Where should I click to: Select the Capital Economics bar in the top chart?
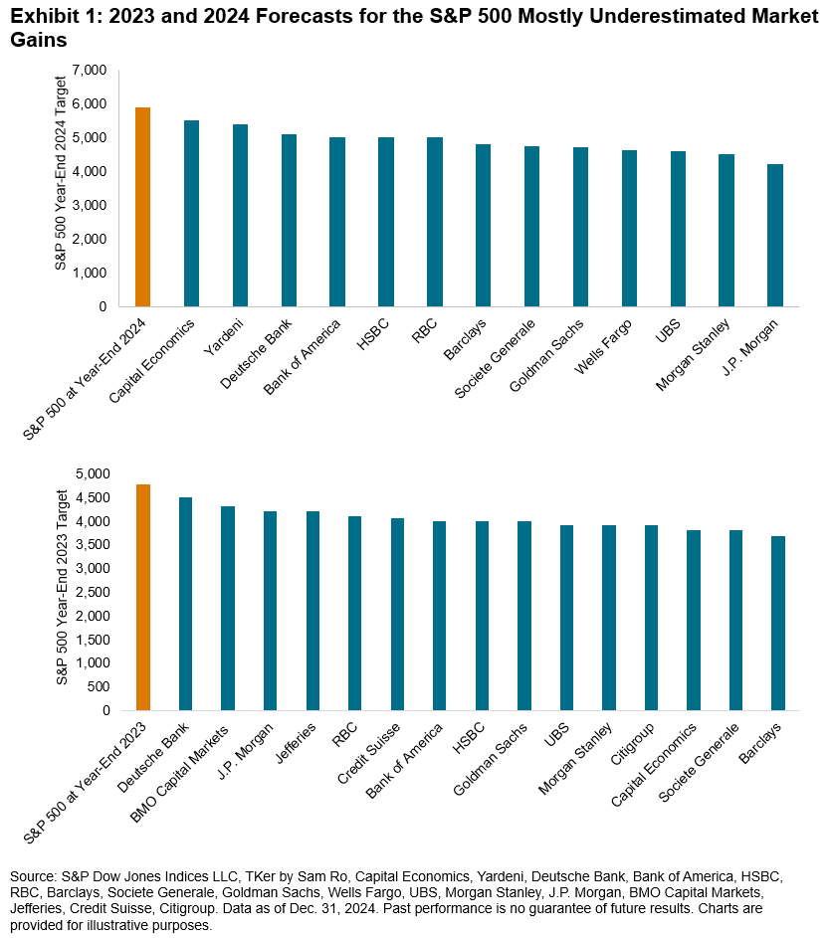191,213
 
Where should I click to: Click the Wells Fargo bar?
629,228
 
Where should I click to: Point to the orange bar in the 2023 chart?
142,598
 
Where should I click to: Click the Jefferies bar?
312,611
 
